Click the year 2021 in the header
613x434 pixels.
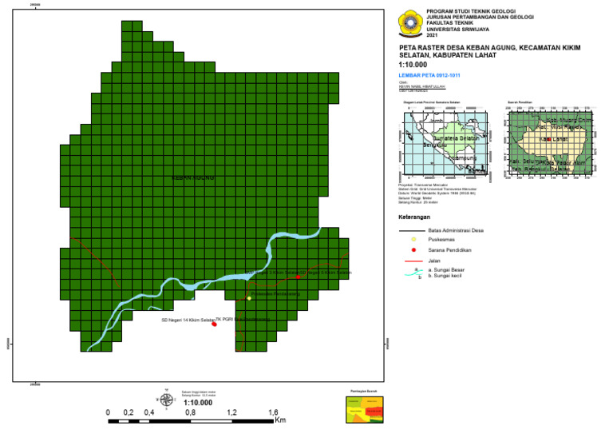(x=432, y=36)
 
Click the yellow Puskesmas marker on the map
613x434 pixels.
(x=249, y=298)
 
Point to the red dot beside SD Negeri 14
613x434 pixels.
(x=214, y=324)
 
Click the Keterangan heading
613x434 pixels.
(x=414, y=217)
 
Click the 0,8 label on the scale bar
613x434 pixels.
(x=190, y=413)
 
